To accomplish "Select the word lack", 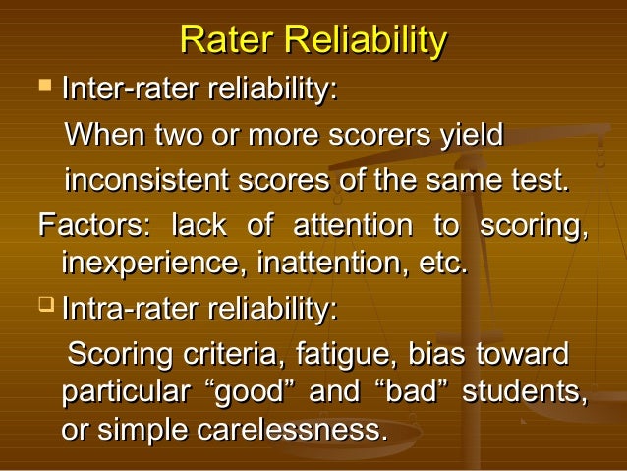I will (x=198, y=225).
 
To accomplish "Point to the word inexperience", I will (x=153, y=264).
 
